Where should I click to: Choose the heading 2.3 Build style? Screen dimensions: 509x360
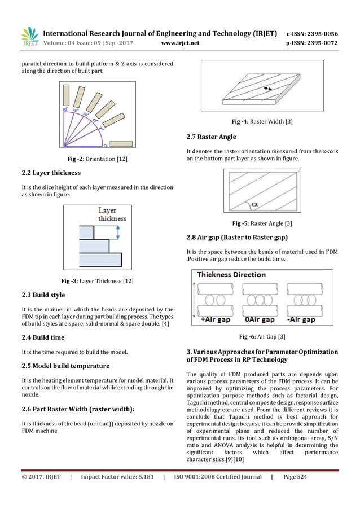point(43,295)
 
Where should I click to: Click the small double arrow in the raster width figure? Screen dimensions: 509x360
point(267,88)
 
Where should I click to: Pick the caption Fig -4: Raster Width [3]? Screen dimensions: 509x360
point(261,122)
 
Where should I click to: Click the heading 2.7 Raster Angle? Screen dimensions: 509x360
point(211,137)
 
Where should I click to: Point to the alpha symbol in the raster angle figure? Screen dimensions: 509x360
point(254,204)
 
